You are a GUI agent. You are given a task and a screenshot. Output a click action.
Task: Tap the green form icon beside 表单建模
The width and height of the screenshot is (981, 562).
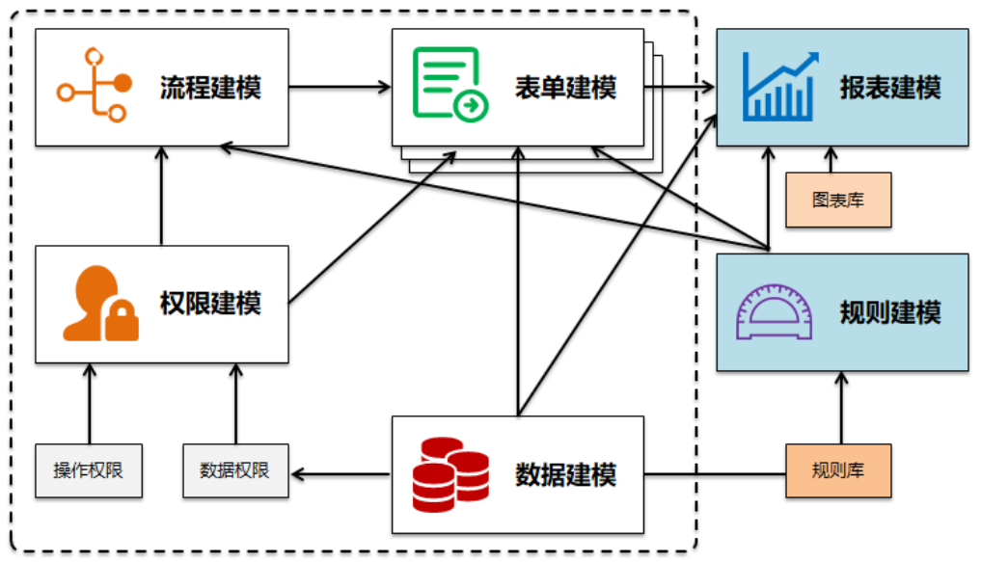450,85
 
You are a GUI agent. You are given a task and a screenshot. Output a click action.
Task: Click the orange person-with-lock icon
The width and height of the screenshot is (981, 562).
99,304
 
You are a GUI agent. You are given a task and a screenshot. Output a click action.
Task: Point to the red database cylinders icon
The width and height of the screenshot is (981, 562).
450,474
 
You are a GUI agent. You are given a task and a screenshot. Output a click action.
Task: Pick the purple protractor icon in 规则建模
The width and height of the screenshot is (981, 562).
774,312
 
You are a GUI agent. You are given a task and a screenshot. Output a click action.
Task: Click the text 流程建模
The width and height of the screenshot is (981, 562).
210,89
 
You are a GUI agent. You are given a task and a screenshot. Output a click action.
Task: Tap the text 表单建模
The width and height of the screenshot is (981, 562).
565,89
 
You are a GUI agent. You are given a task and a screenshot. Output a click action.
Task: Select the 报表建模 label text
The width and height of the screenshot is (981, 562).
889,89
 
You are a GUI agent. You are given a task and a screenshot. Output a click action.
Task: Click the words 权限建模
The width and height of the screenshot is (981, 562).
210,305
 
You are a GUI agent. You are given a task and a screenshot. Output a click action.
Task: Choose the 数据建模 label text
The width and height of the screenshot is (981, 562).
565,475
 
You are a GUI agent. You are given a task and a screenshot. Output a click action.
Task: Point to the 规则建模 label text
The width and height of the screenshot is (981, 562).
889,312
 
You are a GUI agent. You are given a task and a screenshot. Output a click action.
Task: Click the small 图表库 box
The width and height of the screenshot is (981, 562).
838,201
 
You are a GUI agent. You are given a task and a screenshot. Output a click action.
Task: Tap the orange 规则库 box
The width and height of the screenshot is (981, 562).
838,471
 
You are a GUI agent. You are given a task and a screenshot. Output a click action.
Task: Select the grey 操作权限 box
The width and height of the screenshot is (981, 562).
89,471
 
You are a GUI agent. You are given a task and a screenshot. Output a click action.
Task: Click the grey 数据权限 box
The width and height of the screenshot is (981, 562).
234,471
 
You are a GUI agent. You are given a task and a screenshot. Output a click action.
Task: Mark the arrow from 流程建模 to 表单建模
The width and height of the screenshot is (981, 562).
340,88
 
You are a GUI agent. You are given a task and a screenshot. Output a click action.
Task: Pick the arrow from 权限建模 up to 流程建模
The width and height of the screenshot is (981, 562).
162,196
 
